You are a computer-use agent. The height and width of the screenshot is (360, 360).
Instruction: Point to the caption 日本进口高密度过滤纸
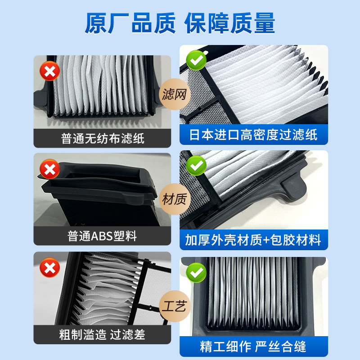tap(253, 135)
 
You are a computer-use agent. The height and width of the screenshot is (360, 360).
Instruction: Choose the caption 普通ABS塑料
tap(103, 236)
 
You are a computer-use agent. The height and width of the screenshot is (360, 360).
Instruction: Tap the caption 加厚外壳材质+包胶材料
tap(253, 240)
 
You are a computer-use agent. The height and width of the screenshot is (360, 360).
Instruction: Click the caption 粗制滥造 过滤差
tap(103, 334)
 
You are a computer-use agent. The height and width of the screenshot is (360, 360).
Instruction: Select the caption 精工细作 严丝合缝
tap(253, 346)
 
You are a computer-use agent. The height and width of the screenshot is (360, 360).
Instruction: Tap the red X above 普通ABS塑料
tap(49, 170)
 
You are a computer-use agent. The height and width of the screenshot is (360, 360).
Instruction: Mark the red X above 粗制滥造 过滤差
tap(49, 269)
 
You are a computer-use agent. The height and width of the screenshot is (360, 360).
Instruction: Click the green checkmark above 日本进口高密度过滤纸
tap(196, 60)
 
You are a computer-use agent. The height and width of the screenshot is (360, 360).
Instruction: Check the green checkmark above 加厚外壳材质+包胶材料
tap(196, 166)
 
